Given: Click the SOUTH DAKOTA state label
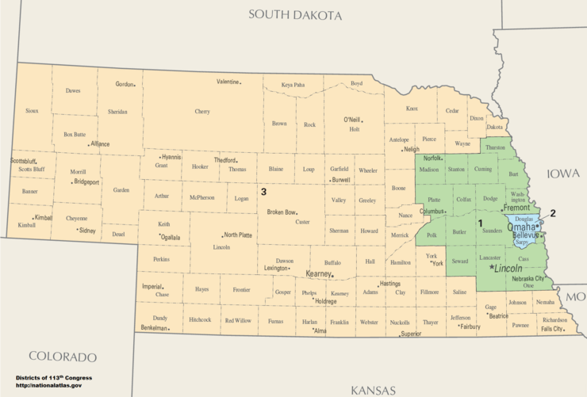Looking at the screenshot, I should point(294,15).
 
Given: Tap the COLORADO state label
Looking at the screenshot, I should point(63,357).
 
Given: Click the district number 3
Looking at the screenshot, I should point(263,191).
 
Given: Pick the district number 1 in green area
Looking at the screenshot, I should point(480,223).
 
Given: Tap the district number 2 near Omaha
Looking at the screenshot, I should point(553,212).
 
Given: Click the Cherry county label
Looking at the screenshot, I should point(202,112).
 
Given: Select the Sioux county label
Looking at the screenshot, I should point(32,110).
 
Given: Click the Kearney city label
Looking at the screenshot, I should point(319,273).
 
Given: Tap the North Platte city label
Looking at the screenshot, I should point(238,235).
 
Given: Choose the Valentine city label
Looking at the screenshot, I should point(228,82).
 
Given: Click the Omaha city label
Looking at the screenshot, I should point(512,227).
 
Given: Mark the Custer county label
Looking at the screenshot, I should point(302,222).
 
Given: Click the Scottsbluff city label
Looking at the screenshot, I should point(24,161).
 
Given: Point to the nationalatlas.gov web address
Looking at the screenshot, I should point(48,385).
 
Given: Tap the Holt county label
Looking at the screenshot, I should point(355,128).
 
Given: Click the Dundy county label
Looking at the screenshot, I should point(160,318).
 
